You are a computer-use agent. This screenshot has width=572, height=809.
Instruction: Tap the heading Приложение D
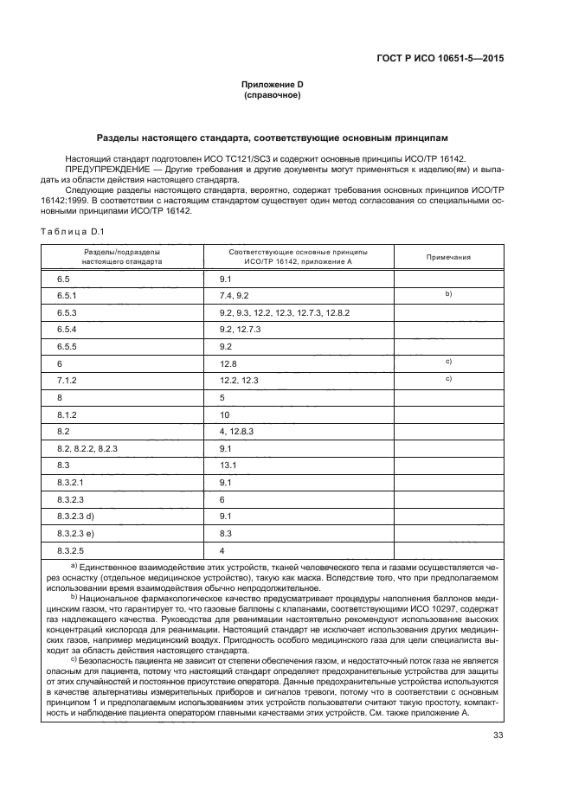(272, 85)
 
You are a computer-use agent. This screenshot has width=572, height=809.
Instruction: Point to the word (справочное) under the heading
(272, 95)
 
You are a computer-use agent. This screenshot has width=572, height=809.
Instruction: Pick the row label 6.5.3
(67, 311)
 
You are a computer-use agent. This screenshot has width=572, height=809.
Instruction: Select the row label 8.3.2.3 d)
(77, 516)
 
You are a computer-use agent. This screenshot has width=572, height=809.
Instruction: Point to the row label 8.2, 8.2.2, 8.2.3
(87, 447)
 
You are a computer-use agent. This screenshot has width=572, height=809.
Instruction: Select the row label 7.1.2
(67, 380)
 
